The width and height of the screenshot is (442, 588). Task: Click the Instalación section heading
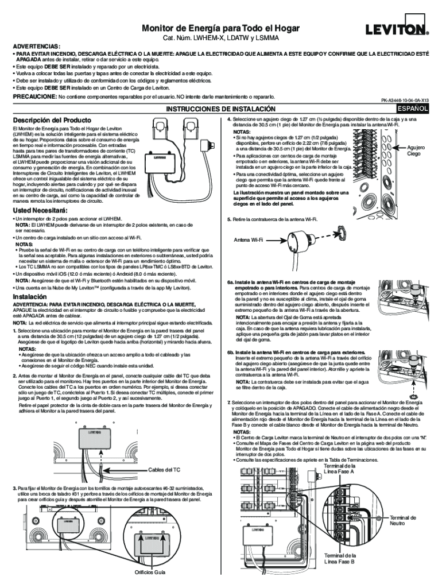click(x=30, y=296)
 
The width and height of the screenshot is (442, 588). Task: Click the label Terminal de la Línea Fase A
click(x=339, y=468)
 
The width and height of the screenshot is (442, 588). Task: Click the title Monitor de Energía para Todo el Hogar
click(x=220, y=29)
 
